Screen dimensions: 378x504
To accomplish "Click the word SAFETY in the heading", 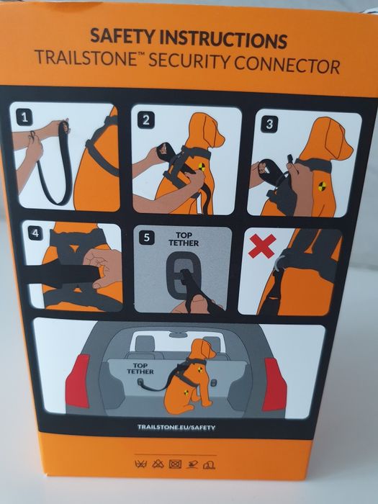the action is pos(122,36).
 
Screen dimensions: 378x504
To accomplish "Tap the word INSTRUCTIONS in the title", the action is pos(223,39).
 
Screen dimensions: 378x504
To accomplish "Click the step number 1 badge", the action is pos(24,117).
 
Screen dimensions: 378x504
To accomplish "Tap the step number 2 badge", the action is pos(146,120).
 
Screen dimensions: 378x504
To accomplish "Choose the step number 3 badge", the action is pos(269,124).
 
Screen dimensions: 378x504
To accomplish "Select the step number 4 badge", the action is pos(35,233).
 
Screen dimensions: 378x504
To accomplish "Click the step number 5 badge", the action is pos(147,238).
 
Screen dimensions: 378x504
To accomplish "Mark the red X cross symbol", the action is pos(262,246).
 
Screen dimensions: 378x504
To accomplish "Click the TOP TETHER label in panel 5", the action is pos(184,240).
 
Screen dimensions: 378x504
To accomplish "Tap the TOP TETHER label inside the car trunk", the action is pos(140,369).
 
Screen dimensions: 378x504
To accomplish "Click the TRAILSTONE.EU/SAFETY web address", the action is pos(176,427).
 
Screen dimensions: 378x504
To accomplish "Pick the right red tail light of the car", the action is pos(274,384).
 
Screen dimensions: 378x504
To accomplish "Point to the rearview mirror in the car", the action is pos(178,336).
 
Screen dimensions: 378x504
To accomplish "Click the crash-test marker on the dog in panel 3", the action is pos(322,186).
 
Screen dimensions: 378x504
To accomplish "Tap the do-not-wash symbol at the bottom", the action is pos(140,464).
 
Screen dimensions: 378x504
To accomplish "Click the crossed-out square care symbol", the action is pos(175,464).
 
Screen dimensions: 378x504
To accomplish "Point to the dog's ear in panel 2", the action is pos(210,130).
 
